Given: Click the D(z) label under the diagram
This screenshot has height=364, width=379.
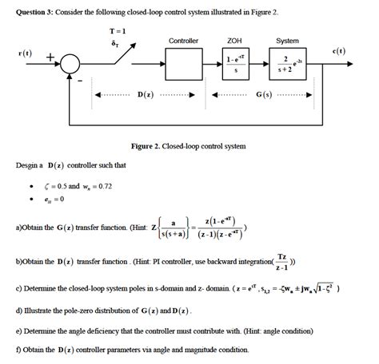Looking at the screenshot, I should click(146, 96).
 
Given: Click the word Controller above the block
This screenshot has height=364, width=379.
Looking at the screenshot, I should click(183, 41).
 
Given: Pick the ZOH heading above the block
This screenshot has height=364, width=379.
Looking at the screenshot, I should click(234, 41).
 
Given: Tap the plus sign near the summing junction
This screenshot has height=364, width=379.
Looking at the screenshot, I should click(50, 57).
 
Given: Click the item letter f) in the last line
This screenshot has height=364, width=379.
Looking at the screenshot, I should click(19, 349).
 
